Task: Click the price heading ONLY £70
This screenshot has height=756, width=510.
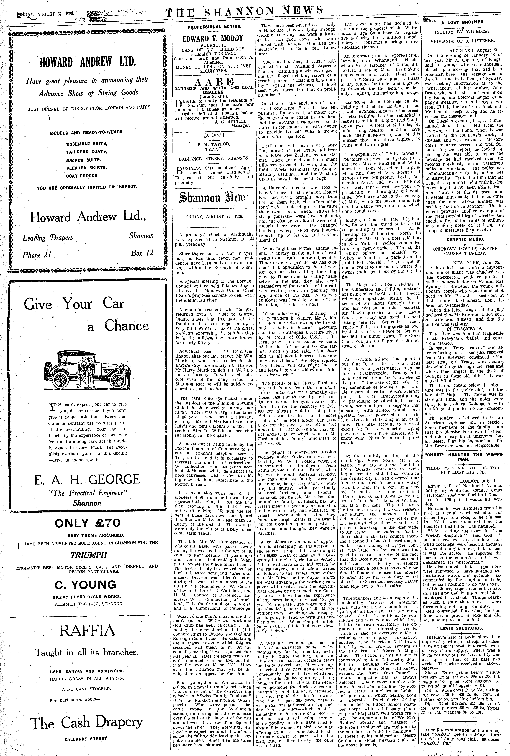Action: click(x=87, y=523)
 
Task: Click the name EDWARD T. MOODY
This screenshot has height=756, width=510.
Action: click(x=213, y=38)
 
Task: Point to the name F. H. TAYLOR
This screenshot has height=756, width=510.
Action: click(x=213, y=143)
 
